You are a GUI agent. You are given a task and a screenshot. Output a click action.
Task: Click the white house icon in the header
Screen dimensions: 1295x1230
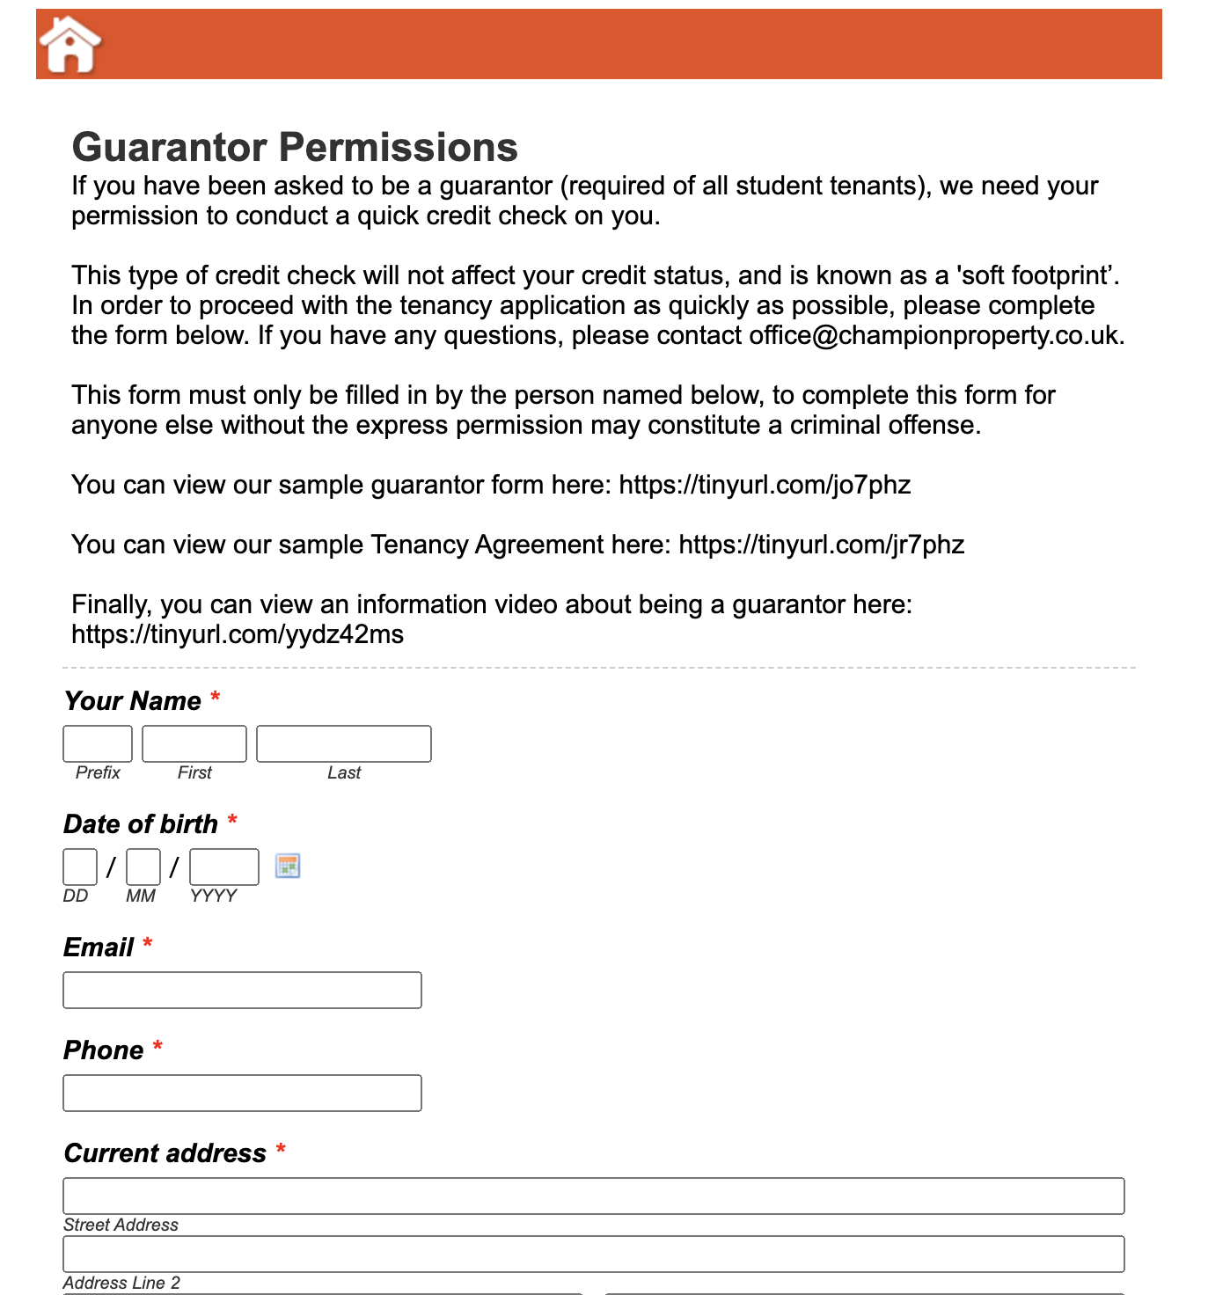coord(70,45)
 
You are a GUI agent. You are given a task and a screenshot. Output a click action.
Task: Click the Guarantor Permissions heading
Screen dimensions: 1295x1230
coord(295,147)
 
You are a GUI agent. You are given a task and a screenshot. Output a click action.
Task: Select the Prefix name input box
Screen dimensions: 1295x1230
coord(98,743)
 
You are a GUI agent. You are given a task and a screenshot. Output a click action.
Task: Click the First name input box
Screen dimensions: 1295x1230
coord(194,743)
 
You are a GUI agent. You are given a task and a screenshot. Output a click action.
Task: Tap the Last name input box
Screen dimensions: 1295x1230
coord(344,743)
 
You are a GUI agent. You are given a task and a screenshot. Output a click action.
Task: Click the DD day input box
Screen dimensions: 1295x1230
coord(80,867)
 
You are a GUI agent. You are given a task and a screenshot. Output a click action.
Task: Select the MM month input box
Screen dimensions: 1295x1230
coord(143,867)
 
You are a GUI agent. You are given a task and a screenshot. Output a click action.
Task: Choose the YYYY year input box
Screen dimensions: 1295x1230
coord(224,867)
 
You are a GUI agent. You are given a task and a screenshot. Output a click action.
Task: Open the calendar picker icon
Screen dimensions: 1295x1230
coord(288,866)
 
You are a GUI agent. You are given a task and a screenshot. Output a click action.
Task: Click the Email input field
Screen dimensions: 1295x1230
coord(242,990)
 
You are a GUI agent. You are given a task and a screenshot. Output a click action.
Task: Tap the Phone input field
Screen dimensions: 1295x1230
coord(242,1093)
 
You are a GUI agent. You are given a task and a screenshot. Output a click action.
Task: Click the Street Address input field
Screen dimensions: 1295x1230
coord(594,1196)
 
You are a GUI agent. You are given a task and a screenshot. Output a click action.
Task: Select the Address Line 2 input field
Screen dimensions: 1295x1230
coord(594,1254)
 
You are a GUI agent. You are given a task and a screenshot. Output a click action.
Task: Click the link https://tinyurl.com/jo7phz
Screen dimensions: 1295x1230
coord(765,485)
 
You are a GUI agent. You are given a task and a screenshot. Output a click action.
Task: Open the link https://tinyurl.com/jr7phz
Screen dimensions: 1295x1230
coord(822,545)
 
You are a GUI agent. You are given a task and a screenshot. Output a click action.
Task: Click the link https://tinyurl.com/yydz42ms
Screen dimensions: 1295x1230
coord(238,634)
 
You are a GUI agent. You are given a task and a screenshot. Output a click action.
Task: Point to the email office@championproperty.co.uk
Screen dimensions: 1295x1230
coord(933,335)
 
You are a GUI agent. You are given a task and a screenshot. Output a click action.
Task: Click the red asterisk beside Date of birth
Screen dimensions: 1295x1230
coord(232,821)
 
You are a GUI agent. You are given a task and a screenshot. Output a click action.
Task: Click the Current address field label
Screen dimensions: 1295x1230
coord(165,1152)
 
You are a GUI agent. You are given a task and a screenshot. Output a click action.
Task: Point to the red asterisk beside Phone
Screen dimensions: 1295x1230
coord(157,1047)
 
